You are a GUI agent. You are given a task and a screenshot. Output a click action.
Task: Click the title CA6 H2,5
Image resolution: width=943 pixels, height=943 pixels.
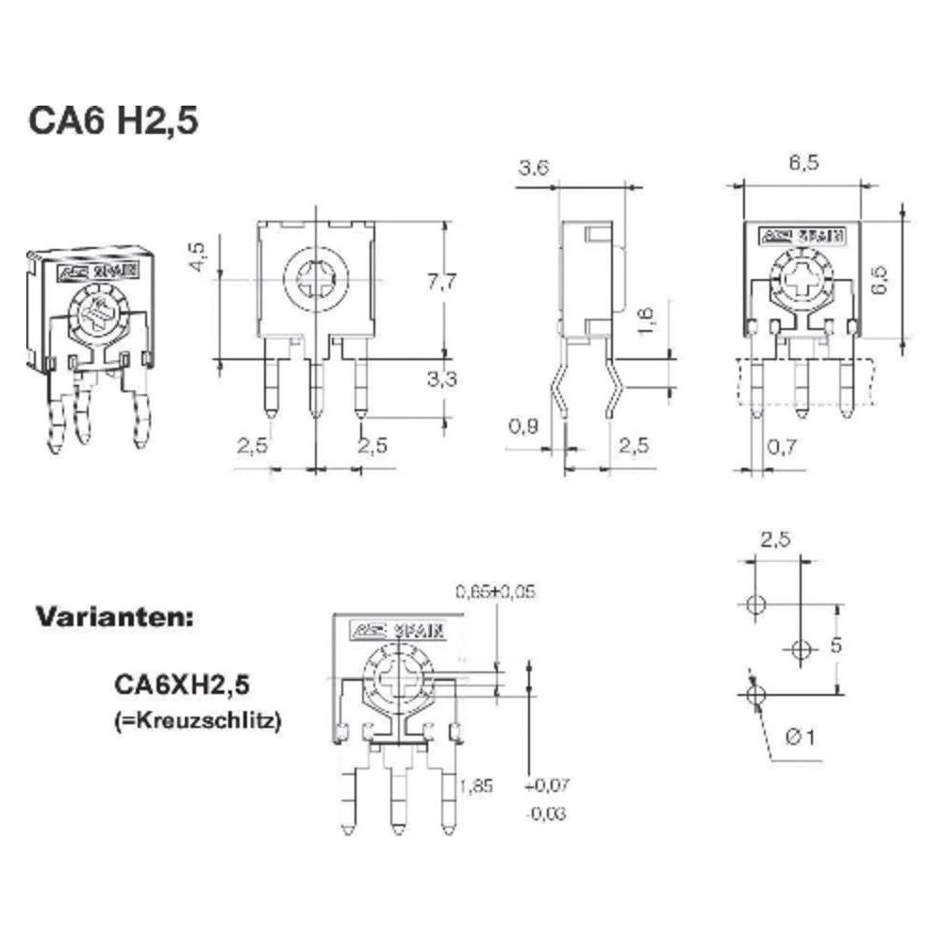click(112, 124)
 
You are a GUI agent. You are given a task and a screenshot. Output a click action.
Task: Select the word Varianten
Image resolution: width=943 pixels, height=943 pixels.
click(115, 619)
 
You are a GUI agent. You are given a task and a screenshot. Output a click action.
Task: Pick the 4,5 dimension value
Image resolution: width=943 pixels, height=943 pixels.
click(196, 257)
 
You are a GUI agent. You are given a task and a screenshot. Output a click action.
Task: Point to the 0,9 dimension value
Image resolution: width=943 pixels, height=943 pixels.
click(525, 426)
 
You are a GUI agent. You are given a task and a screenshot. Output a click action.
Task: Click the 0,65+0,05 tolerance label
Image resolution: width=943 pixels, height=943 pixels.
click(496, 592)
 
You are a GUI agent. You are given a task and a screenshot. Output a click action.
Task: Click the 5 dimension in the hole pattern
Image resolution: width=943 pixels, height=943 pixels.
click(860, 647)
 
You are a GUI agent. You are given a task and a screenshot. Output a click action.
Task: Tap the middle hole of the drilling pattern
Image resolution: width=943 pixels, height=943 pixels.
click(801, 649)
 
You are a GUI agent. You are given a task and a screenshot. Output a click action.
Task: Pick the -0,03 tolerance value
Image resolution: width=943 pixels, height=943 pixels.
click(547, 813)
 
